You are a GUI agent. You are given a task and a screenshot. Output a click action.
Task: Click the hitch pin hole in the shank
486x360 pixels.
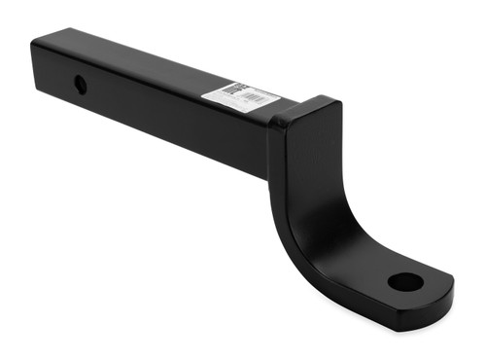[x=80, y=85]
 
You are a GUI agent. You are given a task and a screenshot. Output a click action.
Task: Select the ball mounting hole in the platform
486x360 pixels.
[x=405, y=282]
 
